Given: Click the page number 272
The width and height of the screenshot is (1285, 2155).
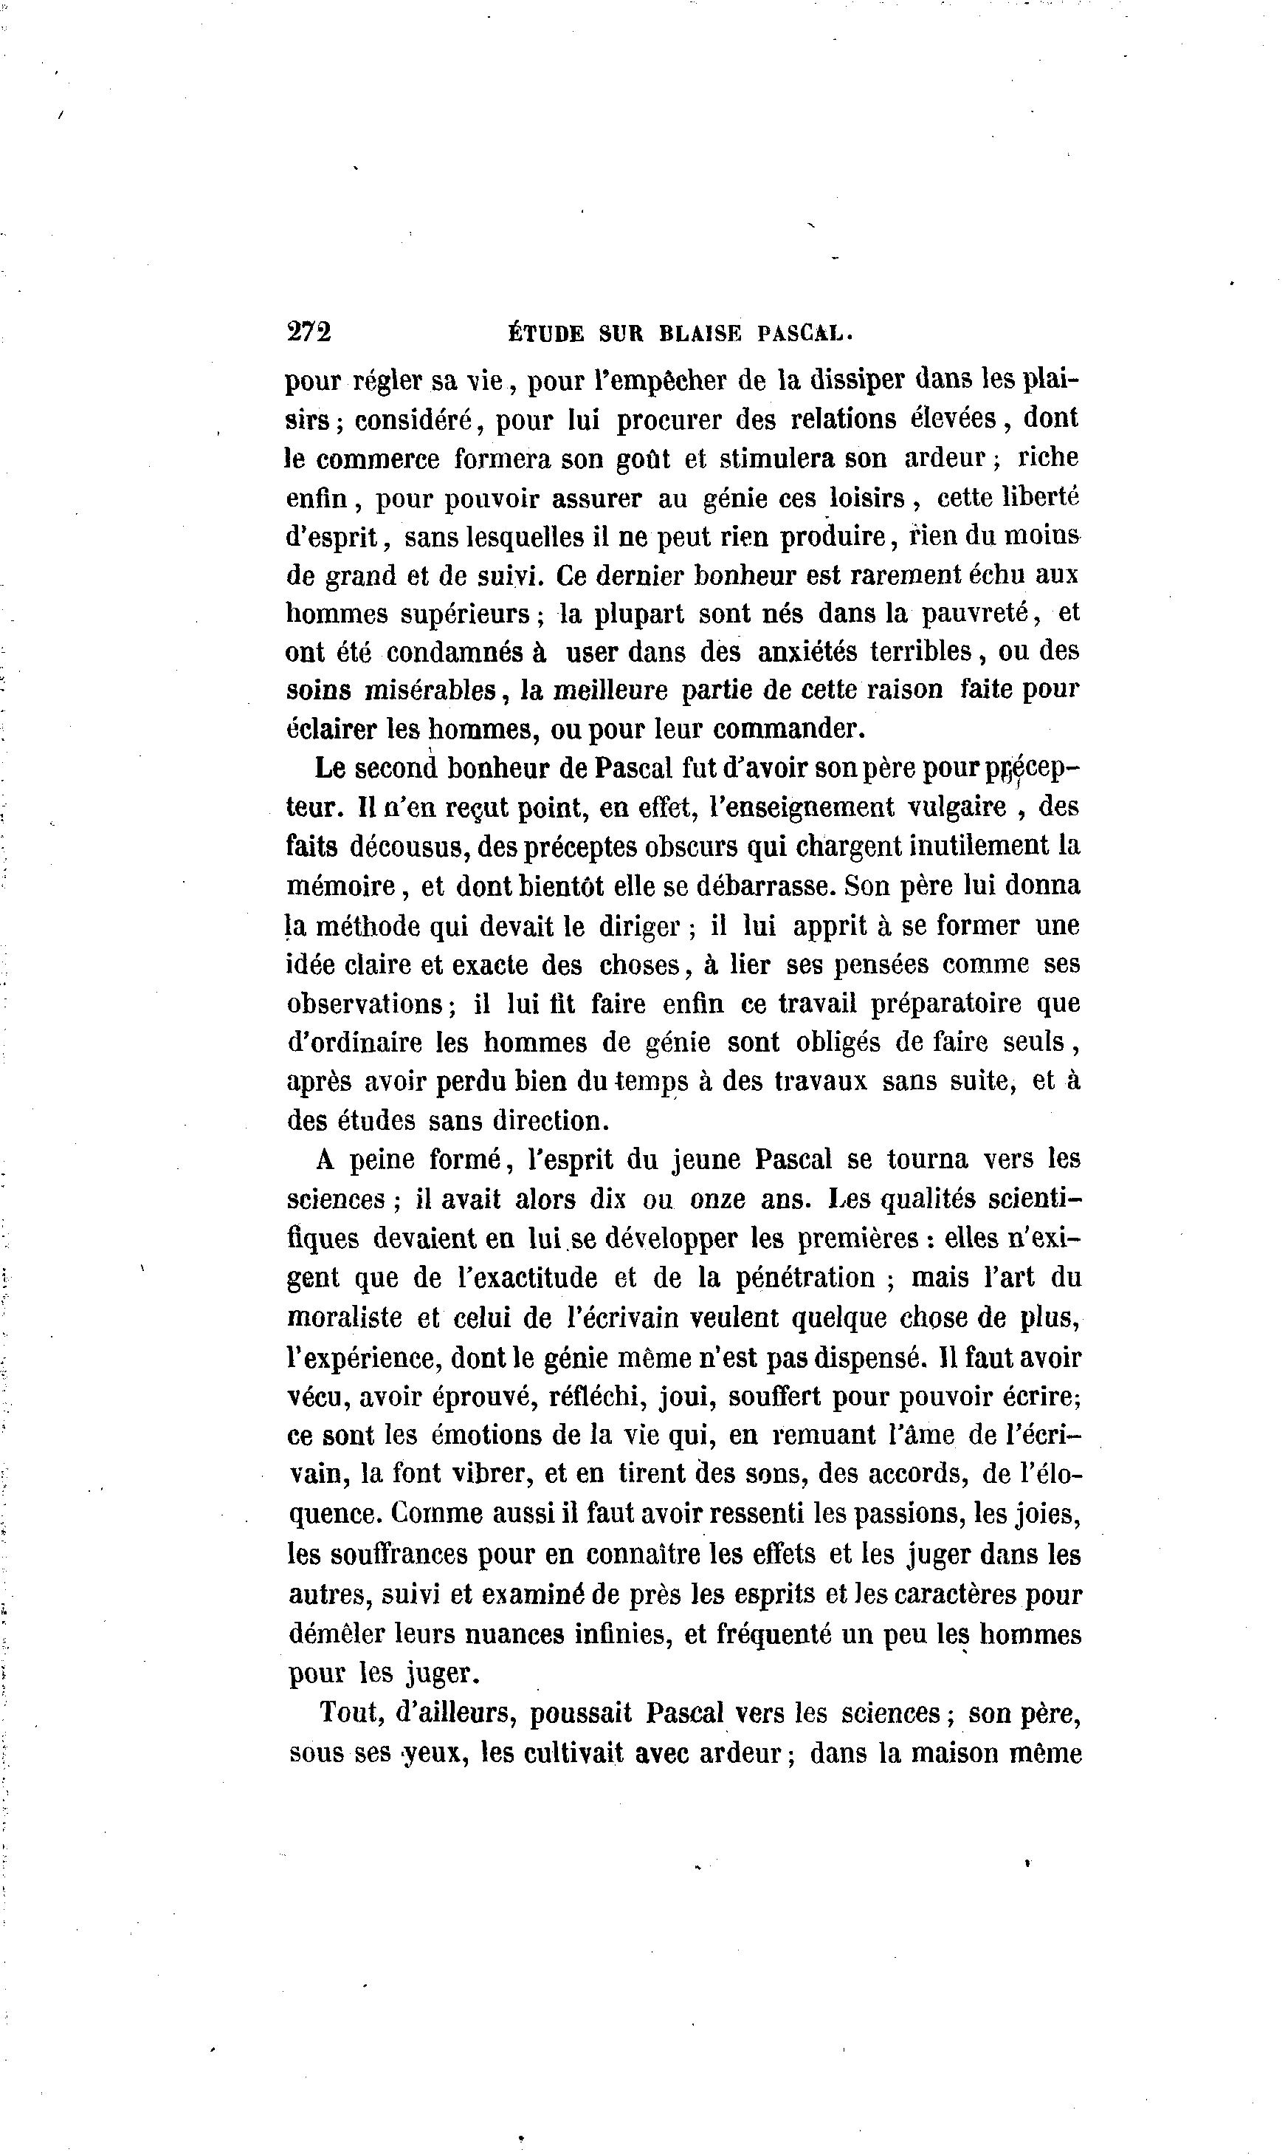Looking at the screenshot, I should pyautogui.click(x=309, y=332).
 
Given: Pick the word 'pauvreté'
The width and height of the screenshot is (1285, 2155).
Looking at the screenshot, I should pyautogui.click(x=974, y=613).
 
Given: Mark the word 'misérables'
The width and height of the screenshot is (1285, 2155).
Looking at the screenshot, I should pyautogui.click(x=430, y=691).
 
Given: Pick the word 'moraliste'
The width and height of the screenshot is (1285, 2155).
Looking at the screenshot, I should pyautogui.click(x=345, y=1318).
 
